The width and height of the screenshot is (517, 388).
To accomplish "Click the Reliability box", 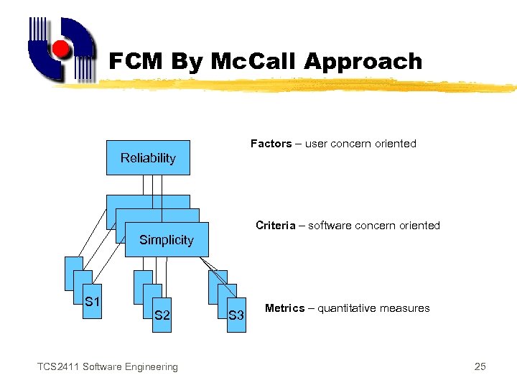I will click(148, 158).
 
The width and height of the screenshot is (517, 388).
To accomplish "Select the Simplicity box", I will click(166, 240).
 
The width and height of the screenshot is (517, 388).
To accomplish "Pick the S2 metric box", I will click(162, 315).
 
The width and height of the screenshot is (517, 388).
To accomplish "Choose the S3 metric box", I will click(236, 315).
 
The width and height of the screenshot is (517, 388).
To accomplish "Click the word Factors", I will click(271, 144).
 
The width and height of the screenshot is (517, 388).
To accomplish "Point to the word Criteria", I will click(275, 226).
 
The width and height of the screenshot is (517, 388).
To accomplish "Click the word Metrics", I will click(284, 308).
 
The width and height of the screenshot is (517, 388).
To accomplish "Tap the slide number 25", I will click(480, 367).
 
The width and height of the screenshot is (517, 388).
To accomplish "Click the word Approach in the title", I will click(363, 62).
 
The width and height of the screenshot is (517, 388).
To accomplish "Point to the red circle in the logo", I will click(62, 50).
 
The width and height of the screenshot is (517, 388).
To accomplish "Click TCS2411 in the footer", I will click(58, 367).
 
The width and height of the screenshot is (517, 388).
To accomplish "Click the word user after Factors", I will click(316, 144).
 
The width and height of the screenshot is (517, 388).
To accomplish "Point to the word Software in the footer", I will click(101, 367).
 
